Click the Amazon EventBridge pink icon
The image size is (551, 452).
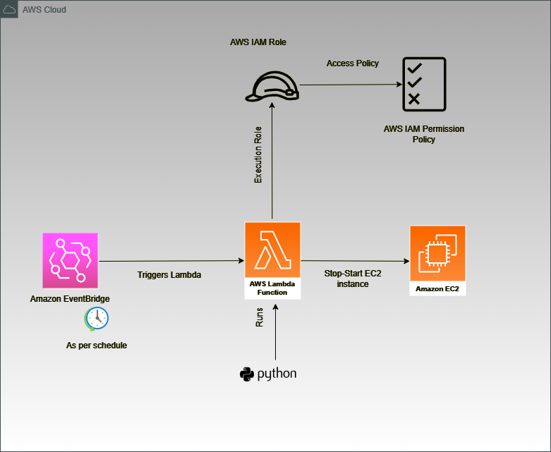click(70, 260)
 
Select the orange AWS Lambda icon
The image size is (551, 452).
click(272, 251)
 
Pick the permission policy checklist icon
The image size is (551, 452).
click(423, 84)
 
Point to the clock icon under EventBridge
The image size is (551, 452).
click(97, 318)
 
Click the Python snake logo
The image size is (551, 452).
click(246, 374)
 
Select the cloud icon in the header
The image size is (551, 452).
click(10, 10)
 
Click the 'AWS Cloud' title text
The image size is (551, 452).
click(44, 11)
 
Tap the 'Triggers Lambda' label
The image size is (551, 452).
click(169, 274)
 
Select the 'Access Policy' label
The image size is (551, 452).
click(352, 63)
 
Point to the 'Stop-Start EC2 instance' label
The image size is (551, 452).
click(353, 279)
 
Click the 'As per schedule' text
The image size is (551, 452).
click(97, 346)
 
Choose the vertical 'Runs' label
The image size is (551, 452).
click(259, 317)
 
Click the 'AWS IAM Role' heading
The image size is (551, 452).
click(258, 42)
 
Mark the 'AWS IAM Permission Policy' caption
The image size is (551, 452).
click(423, 134)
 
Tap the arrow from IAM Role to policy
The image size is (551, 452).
click(346, 86)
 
